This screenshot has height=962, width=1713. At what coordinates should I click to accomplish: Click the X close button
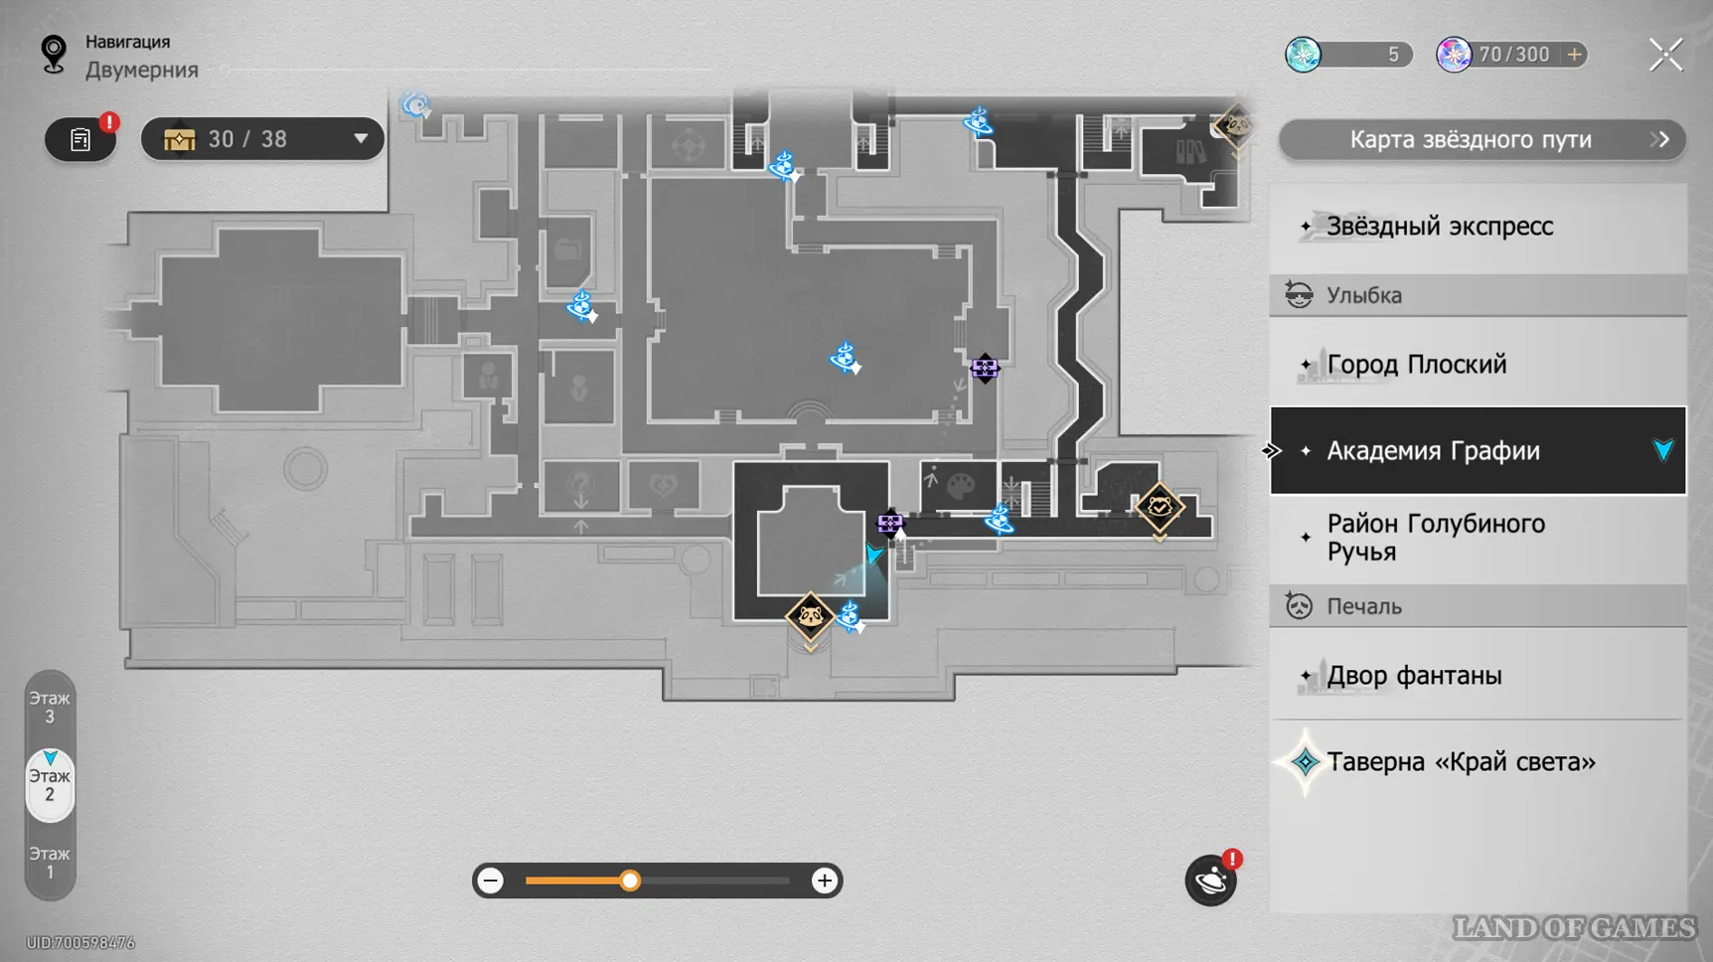1665,55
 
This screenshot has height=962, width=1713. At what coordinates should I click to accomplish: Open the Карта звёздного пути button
1480,140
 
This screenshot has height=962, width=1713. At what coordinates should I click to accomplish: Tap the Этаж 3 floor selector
50,708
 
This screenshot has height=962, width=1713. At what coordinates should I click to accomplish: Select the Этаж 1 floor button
50,863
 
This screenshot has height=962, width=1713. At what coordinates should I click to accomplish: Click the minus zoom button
491,881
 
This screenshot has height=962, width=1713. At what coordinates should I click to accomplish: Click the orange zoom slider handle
630,881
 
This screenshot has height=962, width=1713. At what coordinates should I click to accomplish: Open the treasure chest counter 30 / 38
262,139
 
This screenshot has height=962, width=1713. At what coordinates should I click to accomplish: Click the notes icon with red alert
80,140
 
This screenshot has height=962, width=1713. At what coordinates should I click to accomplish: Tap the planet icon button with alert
1210,881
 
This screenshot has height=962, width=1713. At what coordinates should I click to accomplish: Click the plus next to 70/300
1575,55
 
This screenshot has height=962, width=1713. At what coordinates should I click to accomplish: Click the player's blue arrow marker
872,554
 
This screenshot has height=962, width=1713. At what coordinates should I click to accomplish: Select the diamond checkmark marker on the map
1160,508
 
